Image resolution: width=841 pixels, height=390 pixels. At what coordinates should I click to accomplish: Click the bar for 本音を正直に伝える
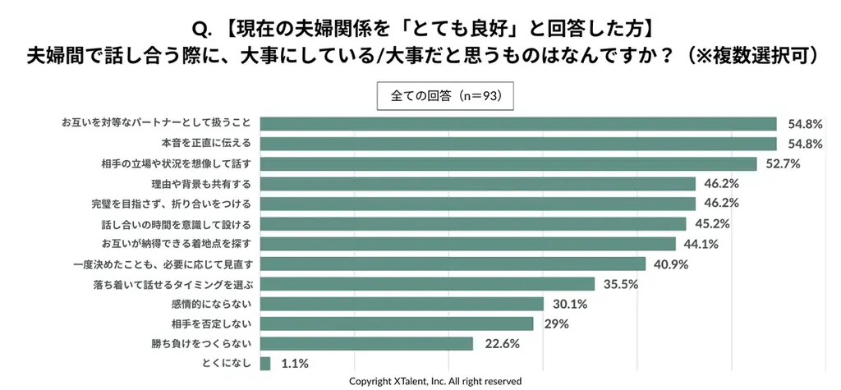point(518,144)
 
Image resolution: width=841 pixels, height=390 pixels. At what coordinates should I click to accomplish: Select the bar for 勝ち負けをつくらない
point(366,343)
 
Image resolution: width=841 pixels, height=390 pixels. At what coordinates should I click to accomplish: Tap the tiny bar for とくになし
point(264,363)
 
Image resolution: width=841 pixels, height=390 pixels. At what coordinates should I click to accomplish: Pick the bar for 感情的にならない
point(402,304)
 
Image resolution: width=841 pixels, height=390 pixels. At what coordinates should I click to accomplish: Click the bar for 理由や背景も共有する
point(478,183)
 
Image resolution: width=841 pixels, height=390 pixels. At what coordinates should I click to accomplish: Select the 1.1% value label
point(293,364)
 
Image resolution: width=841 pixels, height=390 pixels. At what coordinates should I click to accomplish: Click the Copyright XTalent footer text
point(435,381)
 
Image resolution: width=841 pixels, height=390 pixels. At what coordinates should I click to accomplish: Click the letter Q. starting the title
point(202,29)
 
